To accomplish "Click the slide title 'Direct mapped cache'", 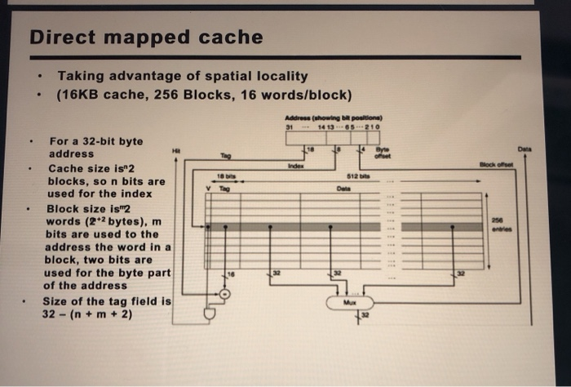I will point(146,38).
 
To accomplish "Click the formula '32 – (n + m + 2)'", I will point(91,314).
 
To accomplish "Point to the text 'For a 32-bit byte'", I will point(95,140).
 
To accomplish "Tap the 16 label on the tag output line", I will point(231,275).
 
